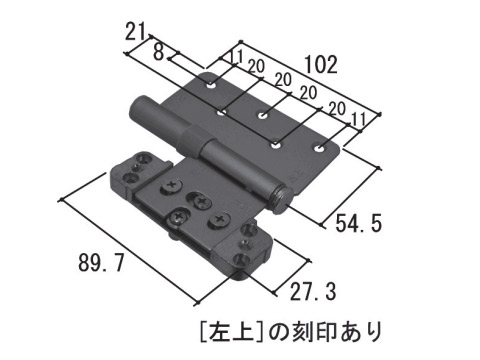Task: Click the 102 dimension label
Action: coord(321,64)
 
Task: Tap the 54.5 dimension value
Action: coord(358,223)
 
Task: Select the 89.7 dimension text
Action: coord(101,262)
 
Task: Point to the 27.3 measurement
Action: coord(313,291)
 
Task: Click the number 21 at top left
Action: coord(136,32)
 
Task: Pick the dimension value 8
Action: coord(159,52)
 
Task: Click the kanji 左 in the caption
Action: coord(219,332)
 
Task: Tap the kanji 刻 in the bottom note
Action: coord(302,332)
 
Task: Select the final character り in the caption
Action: coord(372,332)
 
